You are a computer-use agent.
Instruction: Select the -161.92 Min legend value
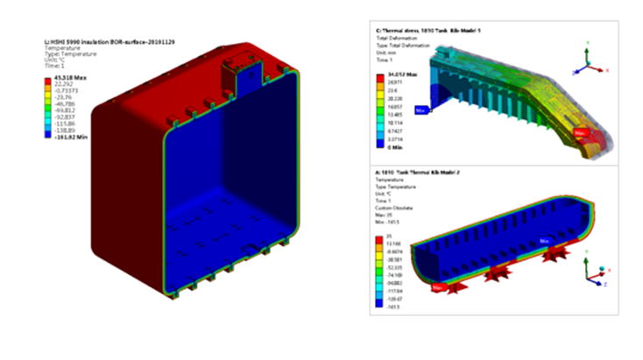68,139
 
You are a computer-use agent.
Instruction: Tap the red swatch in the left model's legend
49,81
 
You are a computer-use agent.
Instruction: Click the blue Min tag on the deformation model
422,110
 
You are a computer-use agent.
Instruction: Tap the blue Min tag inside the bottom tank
545,237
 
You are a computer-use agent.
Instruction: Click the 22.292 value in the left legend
64,86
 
